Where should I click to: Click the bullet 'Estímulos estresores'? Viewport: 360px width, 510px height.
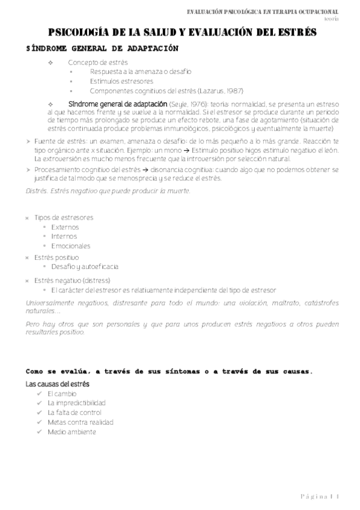click(x=121, y=82)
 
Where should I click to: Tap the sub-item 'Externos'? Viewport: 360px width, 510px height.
click(x=65, y=227)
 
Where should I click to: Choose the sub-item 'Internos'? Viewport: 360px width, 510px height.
click(x=64, y=236)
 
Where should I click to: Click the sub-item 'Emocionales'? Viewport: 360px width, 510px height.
click(x=70, y=246)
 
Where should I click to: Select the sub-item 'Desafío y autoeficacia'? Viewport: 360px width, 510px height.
click(x=85, y=266)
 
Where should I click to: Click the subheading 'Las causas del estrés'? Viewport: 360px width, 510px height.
click(x=57, y=383)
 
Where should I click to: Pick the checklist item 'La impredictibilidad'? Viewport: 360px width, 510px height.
click(x=76, y=403)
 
